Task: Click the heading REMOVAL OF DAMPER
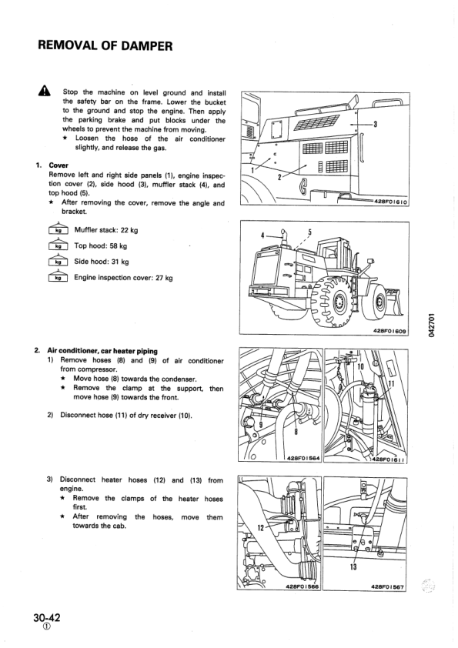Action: tap(104, 46)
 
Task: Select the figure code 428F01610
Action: tap(391, 202)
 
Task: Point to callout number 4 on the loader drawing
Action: tap(262, 234)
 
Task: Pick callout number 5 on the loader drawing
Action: tap(309, 231)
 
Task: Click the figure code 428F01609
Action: tap(390, 332)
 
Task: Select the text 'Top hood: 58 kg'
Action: tap(101, 246)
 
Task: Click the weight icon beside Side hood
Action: tap(59, 262)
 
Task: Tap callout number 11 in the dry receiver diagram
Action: tap(390, 384)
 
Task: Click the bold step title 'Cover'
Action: tap(59, 165)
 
